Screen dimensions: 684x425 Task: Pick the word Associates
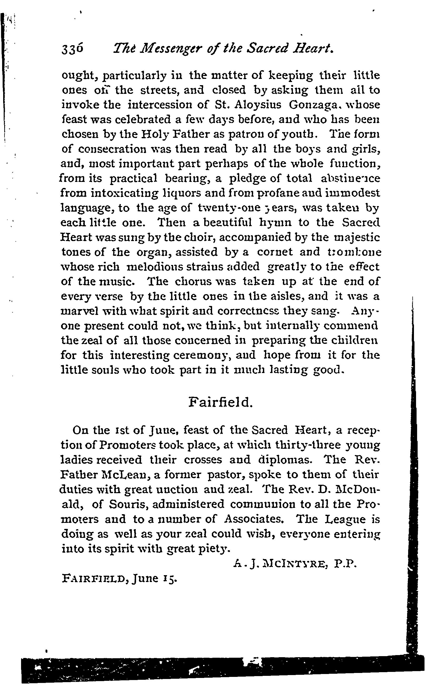[x=253, y=519]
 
